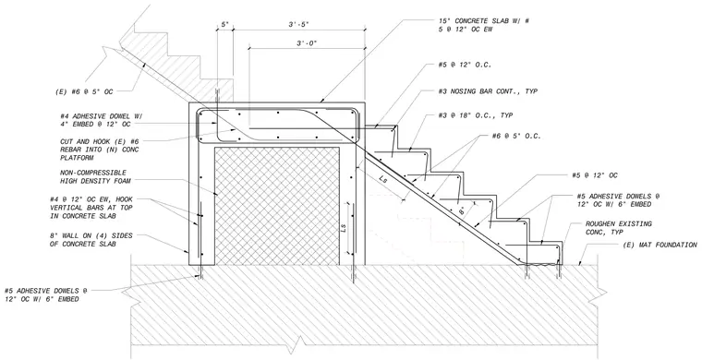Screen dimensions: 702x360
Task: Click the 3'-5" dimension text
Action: tap(297, 25)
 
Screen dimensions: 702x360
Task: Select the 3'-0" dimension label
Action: tap(307, 43)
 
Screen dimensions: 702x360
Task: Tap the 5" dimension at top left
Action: tap(224, 25)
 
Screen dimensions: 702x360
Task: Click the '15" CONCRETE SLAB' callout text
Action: tap(484, 25)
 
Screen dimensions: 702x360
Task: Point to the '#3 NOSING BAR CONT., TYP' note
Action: tap(488, 91)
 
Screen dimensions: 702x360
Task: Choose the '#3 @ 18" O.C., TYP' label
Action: tap(476, 115)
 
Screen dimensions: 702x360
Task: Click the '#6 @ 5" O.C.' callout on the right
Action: tap(510, 136)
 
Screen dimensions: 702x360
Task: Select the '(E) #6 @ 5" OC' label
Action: tap(83, 91)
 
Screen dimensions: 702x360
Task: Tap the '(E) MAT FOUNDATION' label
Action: tap(660, 245)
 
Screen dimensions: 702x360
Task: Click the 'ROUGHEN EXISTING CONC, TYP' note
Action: tap(618, 228)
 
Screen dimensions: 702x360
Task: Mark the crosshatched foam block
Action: tap(277, 206)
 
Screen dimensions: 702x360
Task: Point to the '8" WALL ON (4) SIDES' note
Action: tap(91, 239)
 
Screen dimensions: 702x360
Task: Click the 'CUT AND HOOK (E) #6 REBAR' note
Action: tap(100, 150)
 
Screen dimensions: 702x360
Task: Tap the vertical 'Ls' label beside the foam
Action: tap(344, 228)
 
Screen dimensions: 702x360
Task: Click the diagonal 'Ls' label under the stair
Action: tap(383, 179)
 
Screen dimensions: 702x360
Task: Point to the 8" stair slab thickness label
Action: tap(462, 210)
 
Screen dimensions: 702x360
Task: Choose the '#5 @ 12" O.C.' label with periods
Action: tap(465, 65)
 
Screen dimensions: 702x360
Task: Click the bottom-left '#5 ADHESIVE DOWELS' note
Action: tap(45, 294)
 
